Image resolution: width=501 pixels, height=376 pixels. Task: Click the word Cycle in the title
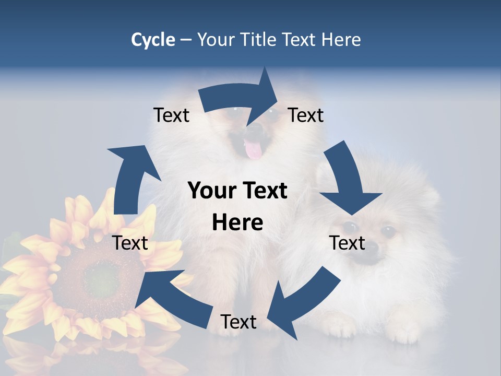[x=153, y=40]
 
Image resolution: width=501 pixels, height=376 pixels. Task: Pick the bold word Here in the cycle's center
[x=237, y=223]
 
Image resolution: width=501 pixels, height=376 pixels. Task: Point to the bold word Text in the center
[x=264, y=191]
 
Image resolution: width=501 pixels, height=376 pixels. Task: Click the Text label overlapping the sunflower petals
[x=130, y=243]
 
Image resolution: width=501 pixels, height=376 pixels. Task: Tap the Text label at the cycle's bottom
[x=238, y=322]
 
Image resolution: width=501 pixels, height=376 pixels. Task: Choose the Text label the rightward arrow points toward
[x=306, y=115]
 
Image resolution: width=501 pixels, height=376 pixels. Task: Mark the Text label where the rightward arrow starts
[x=171, y=115]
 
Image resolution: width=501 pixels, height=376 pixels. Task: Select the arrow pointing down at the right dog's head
[x=347, y=180]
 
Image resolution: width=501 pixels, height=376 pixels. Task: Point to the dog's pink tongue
[x=254, y=150]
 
